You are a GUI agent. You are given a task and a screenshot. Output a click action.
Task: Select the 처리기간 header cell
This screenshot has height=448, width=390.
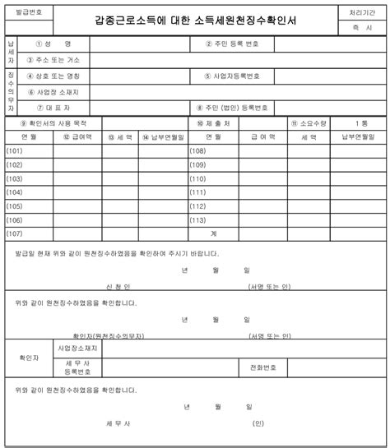(361, 12)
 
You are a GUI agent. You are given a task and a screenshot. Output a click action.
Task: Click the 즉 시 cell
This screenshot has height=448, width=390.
(361, 28)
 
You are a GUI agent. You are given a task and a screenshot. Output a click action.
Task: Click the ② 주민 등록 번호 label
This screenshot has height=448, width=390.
(233, 44)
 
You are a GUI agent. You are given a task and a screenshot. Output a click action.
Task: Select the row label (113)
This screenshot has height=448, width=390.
(197, 219)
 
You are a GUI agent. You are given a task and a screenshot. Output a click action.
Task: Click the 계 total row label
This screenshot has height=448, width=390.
(213, 233)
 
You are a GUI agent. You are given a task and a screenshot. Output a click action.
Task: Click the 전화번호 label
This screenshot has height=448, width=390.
(251, 366)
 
